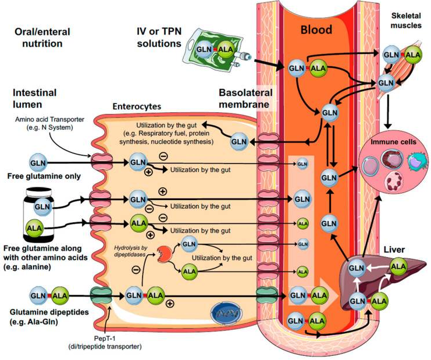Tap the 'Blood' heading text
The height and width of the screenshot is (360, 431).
coord(315,30)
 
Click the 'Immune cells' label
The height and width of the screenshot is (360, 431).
coord(393,141)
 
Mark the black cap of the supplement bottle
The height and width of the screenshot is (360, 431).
coord(44,192)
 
